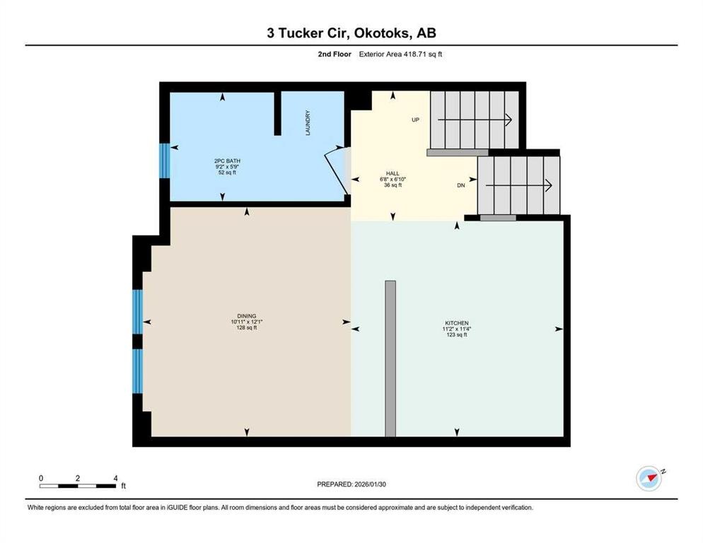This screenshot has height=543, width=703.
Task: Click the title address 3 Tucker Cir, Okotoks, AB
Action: pyautogui.click(x=351, y=33)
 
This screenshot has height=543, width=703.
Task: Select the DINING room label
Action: pyautogui.click(x=247, y=316)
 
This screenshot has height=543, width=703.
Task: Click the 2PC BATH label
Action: pyautogui.click(x=222, y=160)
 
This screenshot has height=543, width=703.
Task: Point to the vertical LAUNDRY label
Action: pyautogui.click(x=308, y=122)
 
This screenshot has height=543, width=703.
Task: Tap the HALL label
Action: pyautogui.click(x=393, y=173)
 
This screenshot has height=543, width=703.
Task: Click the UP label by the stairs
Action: pyautogui.click(x=416, y=119)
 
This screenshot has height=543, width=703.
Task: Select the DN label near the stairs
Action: pyautogui.click(x=460, y=185)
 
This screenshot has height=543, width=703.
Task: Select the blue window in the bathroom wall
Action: pyautogui.click(x=163, y=160)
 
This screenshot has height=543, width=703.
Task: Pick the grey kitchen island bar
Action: pyautogui.click(x=390, y=358)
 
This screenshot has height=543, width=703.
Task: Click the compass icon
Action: pyautogui.click(x=649, y=479)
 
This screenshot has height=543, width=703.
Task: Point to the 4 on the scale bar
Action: pyautogui.click(x=115, y=478)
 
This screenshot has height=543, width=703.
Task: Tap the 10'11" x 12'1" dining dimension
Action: pyautogui.click(x=247, y=322)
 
